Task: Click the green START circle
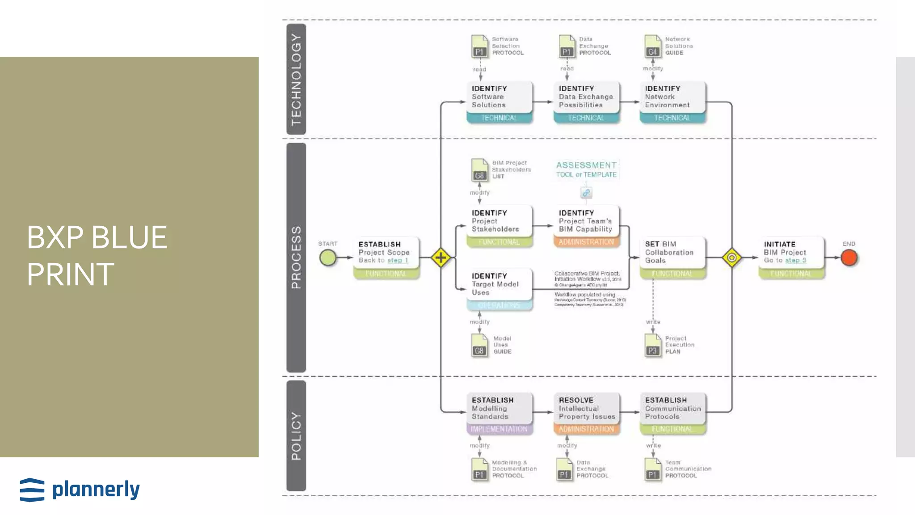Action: (328, 258)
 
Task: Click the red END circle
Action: (849, 258)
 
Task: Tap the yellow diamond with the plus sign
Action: (441, 258)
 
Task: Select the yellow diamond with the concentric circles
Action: (732, 258)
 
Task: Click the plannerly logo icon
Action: (32, 490)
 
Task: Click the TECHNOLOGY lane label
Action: (296, 79)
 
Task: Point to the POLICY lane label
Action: (296, 436)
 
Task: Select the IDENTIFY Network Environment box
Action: (672, 97)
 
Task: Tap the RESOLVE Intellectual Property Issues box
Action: (586, 408)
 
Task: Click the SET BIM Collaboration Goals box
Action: (672, 253)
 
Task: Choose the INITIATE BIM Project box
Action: (791, 253)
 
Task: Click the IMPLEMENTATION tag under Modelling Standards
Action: (499, 429)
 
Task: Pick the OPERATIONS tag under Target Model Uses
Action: (499, 305)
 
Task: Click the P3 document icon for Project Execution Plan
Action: (653, 346)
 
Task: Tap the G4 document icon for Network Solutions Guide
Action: (653, 46)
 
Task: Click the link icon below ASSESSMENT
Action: (586, 193)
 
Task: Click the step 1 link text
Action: (398, 260)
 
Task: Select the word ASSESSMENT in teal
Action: (586, 165)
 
